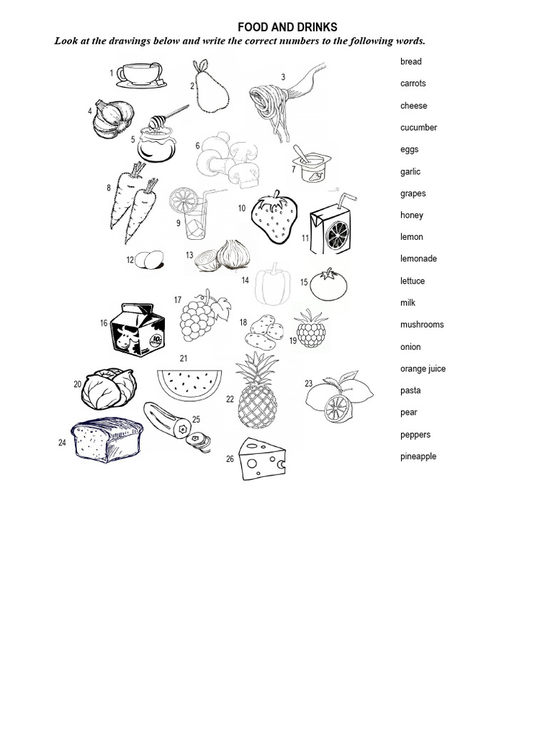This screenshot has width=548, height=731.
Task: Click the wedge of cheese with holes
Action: click(263, 459)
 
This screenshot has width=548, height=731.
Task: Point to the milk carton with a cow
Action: click(138, 328)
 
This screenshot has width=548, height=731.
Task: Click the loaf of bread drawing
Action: click(106, 440)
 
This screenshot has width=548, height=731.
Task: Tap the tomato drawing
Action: click(329, 284)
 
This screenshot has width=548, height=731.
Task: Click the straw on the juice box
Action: click(346, 198)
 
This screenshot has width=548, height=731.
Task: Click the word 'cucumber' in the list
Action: click(418, 128)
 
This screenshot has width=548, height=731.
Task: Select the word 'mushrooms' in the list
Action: click(422, 325)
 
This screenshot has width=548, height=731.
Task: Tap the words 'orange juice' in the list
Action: click(422, 369)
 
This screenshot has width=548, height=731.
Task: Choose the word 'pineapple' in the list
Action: click(418, 457)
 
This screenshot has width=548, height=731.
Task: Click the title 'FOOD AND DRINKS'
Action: click(287, 28)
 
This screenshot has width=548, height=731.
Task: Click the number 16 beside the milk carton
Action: click(104, 323)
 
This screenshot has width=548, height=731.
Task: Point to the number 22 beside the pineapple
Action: click(230, 400)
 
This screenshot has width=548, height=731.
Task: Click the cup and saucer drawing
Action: click(141, 74)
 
